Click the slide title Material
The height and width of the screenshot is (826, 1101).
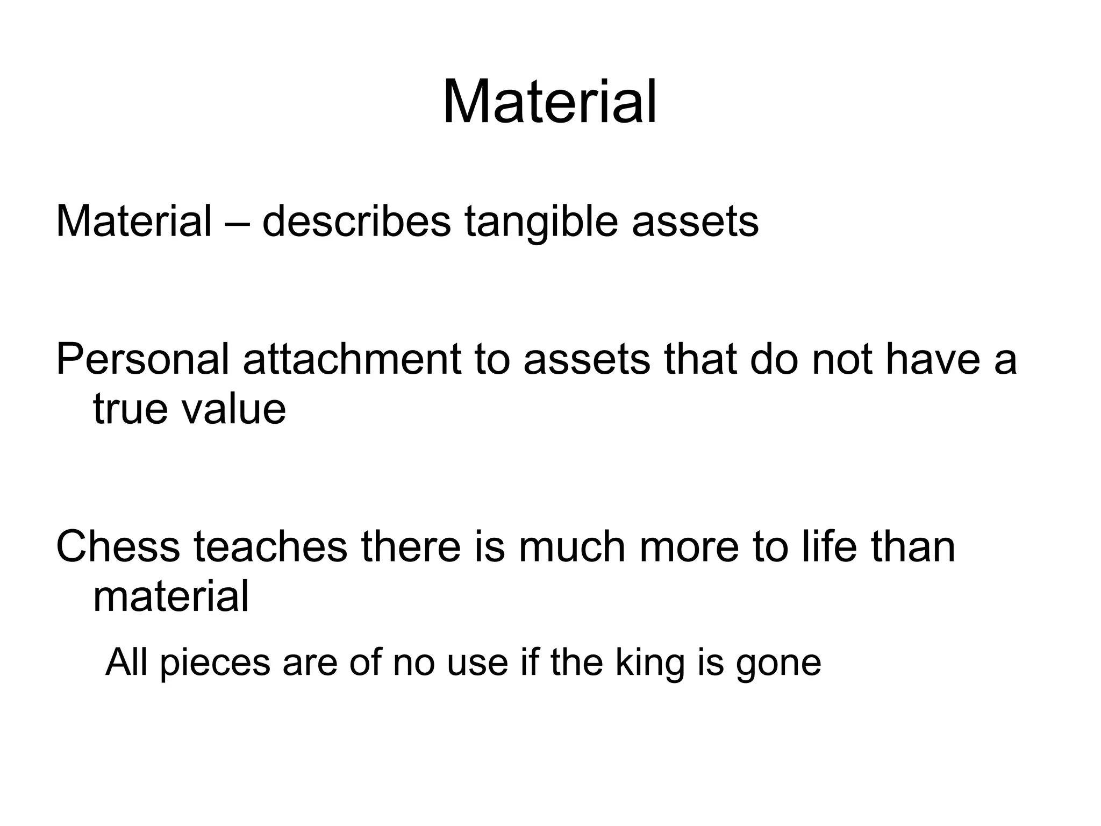pyautogui.click(x=549, y=102)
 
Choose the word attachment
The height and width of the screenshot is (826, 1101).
pyautogui.click(x=352, y=359)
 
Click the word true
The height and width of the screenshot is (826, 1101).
pyautogui.click(x=130, y=409)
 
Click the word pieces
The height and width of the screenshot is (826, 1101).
pyautogui.click(x=215, y=664)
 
